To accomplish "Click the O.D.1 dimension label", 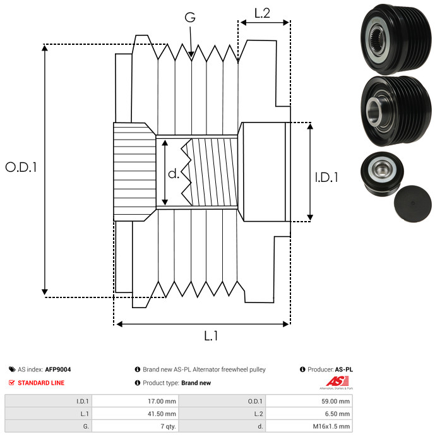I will click(21, 167).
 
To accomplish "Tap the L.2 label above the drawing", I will click(262, 13).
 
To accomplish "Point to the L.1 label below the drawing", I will click(211, 337).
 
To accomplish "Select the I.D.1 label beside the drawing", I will click(326, 178).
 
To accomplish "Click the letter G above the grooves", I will click(189, 18).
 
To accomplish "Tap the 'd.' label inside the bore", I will click(174, 174).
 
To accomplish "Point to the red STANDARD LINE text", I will click(40, 383).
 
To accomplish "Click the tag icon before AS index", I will click(12, 369).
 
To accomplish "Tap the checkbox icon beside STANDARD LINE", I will click(12, 383).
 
